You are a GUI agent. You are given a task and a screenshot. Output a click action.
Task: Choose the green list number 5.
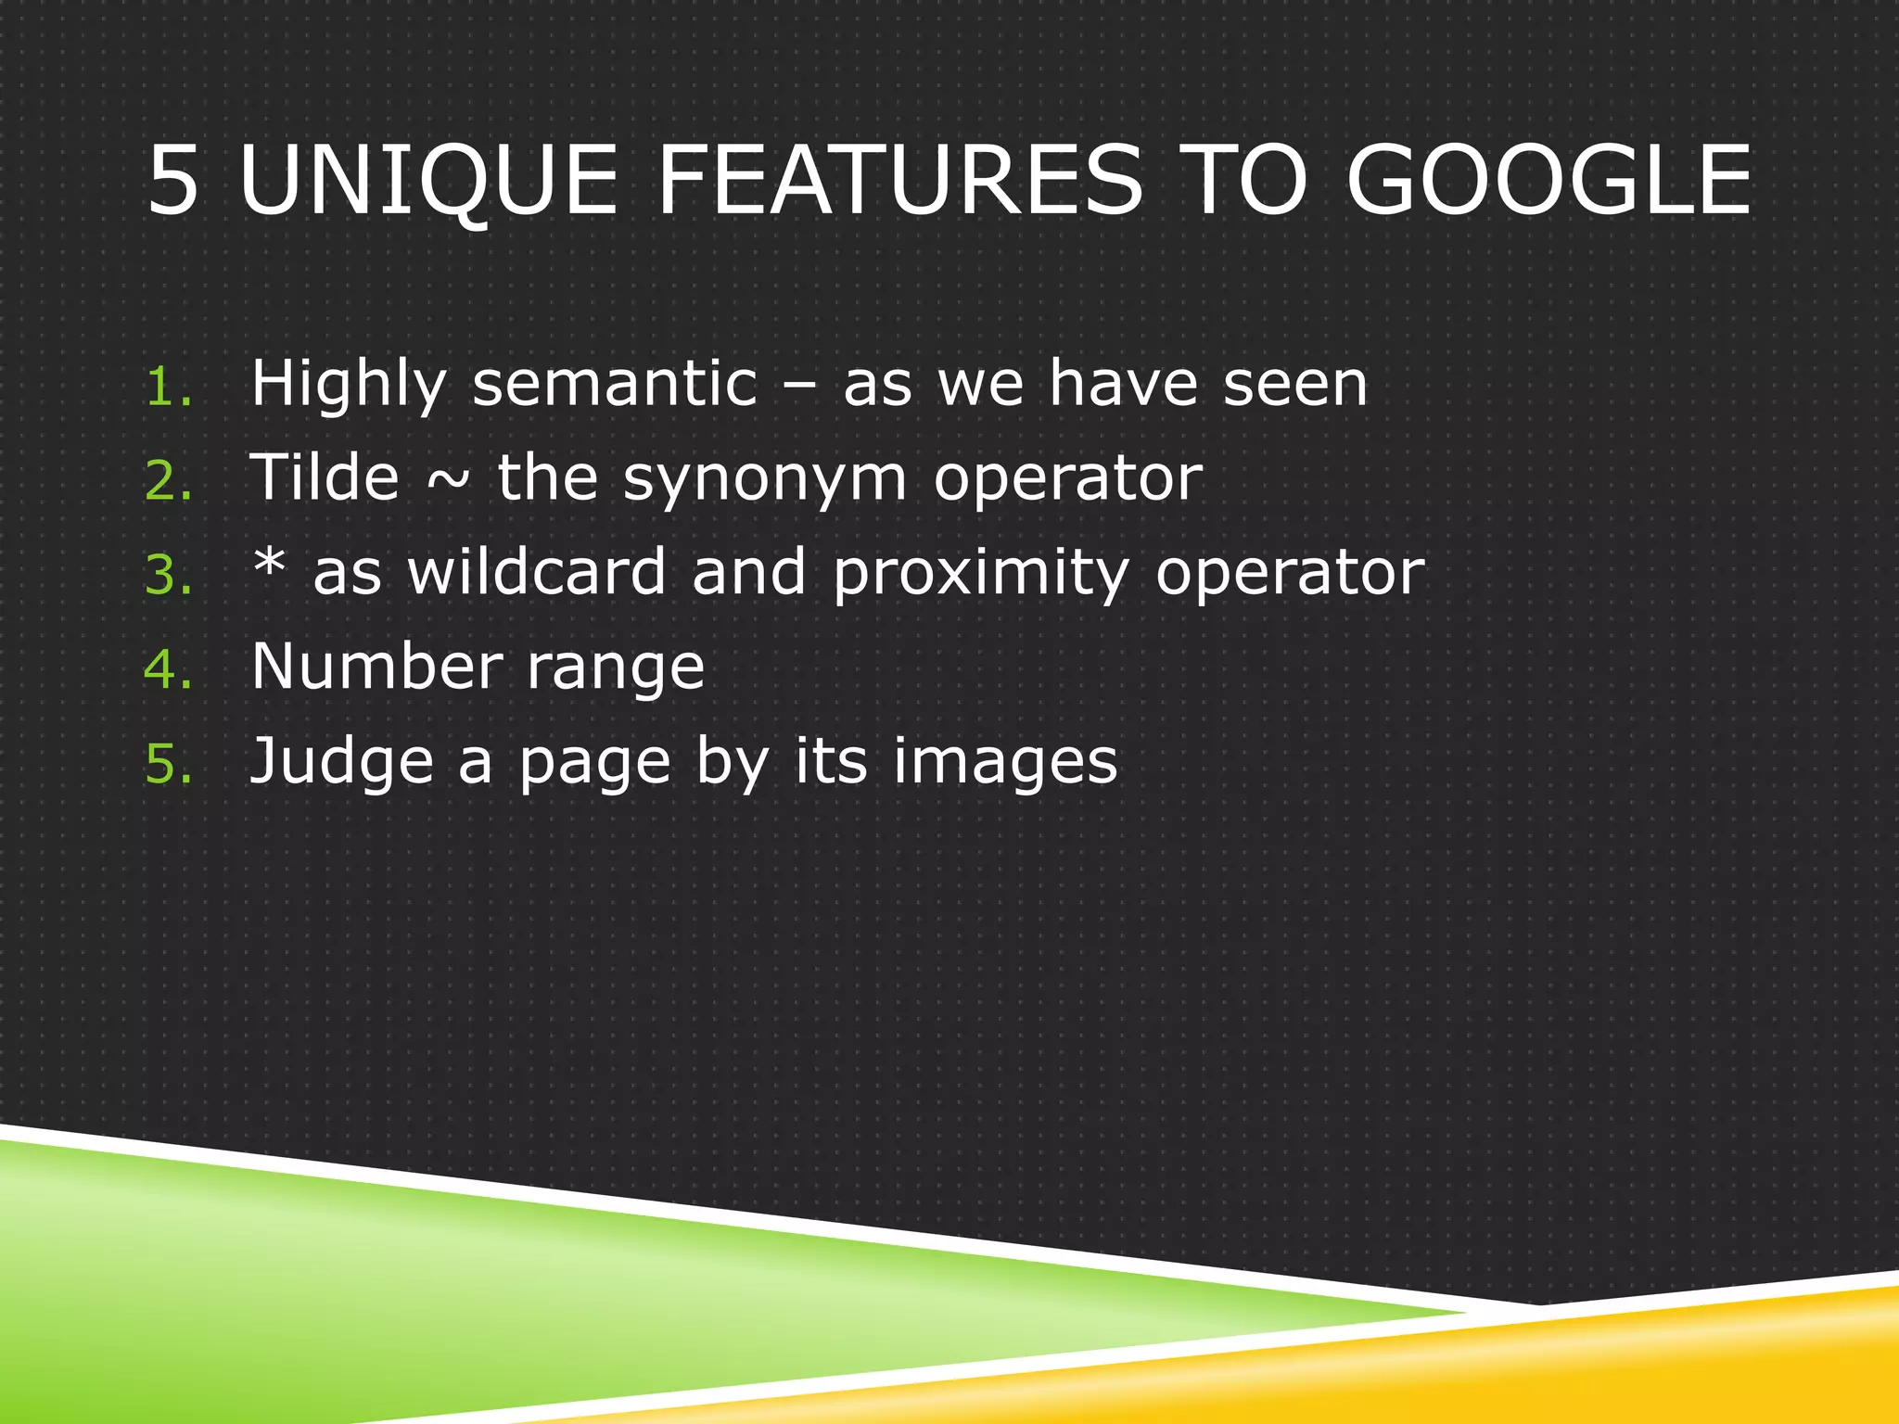[x=167, y=764]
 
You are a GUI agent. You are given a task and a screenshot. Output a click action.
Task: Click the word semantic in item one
[x=615, y=384]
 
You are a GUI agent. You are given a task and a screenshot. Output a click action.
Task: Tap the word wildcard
[x=537, y=572]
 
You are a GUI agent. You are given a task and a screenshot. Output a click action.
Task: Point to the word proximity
[x=981, y=575]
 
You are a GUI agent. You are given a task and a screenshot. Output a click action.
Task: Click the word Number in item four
[x=376, y=667]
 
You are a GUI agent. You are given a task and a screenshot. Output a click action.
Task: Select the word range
[x=615, y=670]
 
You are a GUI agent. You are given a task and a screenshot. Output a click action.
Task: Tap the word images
[x=1005, y=763]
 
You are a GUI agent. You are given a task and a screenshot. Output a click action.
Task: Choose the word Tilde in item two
[x=325, y=478]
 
